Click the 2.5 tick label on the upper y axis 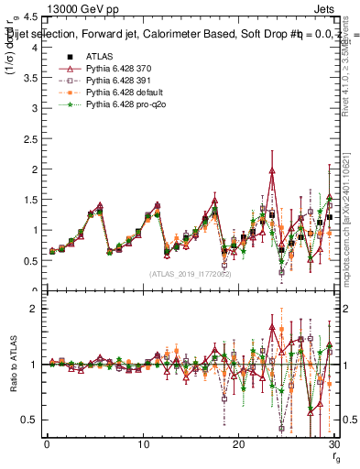[x=32, y=139]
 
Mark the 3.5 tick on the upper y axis [x=32, y=78]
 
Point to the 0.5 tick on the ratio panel [x=32, y=420]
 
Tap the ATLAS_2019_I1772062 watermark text [x=191, y=273]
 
